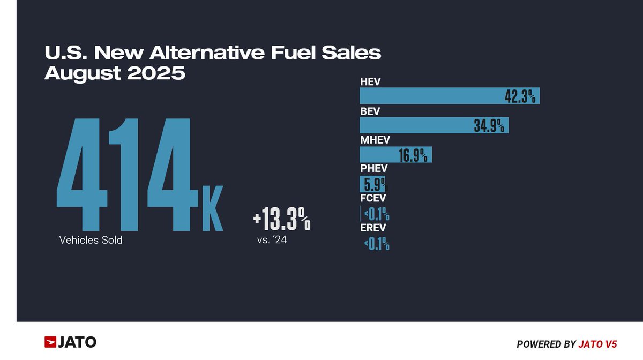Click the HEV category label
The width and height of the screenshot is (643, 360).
[x=370, y=82]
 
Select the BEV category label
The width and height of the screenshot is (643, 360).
[x=370, y=111]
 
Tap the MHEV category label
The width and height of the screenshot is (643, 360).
[x=375, y=140]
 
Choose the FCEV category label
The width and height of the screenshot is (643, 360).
[x=373, y=198]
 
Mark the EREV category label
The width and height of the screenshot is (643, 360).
[x=373, y=228]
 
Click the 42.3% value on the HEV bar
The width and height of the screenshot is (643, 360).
[x=521, y=96]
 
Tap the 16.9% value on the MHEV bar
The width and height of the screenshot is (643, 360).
[x=413, y=155]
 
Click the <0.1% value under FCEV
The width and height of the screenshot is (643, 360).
[x=377, y=215]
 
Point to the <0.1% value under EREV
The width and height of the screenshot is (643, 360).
[x=377, y=245]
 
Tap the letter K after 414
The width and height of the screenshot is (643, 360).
[x=212, y=210]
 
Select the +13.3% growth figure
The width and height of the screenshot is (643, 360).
[x=282, y=220]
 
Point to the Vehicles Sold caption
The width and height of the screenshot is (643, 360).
[x=91, y=240]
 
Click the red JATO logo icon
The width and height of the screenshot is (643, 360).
[x=50, y=342]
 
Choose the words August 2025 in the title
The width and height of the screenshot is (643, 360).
[x=115, y=73]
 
